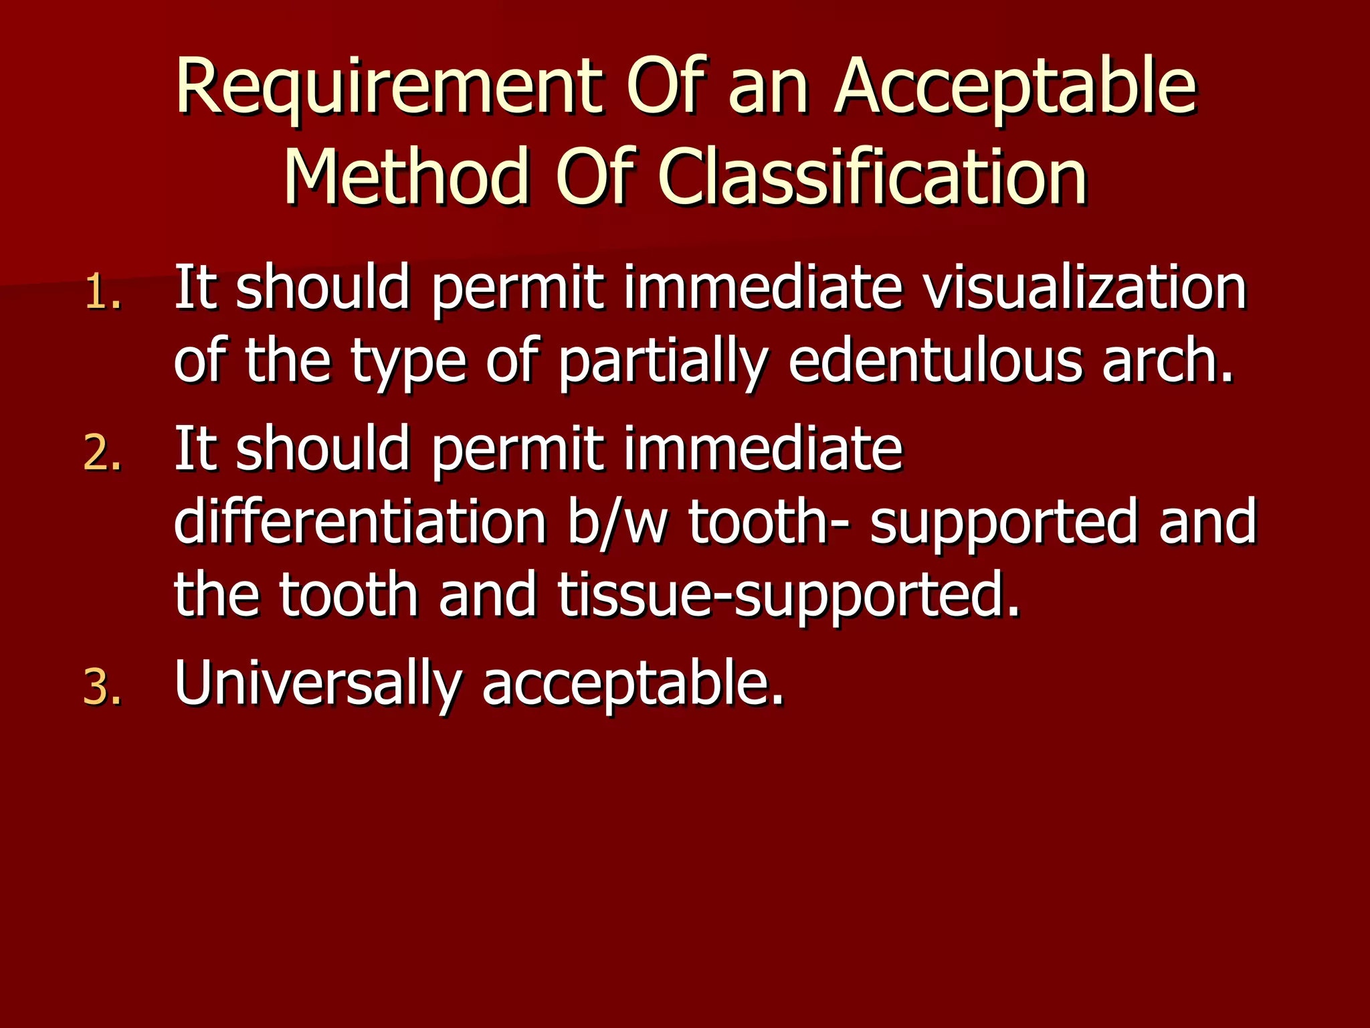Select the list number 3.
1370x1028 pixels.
103,688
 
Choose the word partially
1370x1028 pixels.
662,361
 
